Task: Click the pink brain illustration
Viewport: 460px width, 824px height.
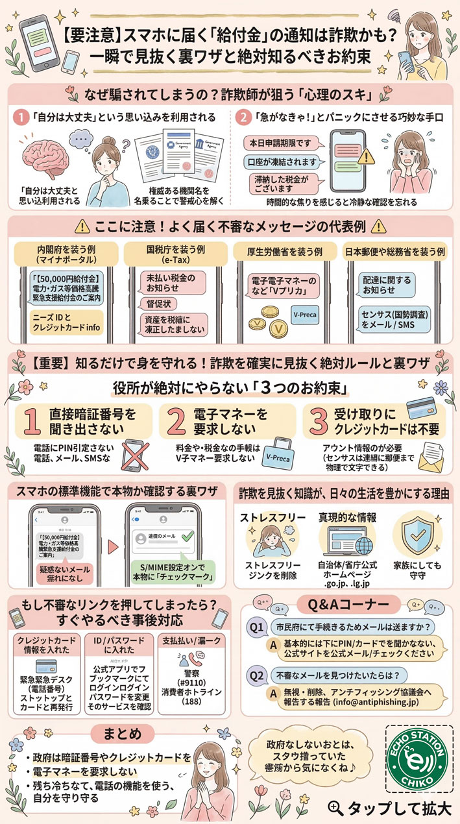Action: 51,158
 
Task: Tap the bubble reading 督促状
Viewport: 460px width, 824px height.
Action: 156,302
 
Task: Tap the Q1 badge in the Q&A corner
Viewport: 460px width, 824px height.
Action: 257,629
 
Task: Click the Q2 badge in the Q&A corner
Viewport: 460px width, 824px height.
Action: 257,675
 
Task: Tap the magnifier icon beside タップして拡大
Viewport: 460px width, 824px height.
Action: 335,807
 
